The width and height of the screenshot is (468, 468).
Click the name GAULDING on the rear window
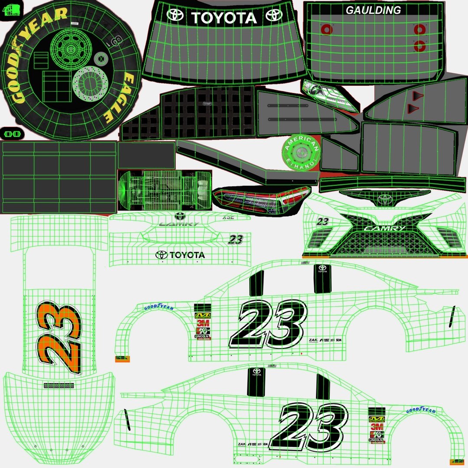pyautogui.click(x=373, y=10)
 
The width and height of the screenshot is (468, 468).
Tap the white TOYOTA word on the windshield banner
pyautogui.click(x=224, y=18)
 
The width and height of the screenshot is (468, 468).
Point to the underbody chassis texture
pyautogui.click(x=165, y=190)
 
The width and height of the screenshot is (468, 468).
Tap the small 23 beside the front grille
pyautogui.click(x=322, y=221)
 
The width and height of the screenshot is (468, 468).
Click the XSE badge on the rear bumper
pyautogui.click(x=228, y=218)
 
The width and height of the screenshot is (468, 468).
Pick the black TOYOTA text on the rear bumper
pyautogui.click(x=180, y=255)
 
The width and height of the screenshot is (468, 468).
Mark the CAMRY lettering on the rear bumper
pyautogui.click(x=179, y=224)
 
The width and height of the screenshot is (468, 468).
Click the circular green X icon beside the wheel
pyautogui.click(x=101, y=58)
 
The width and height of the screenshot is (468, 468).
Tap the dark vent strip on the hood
pyautogui.click(x=59, y=385)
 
